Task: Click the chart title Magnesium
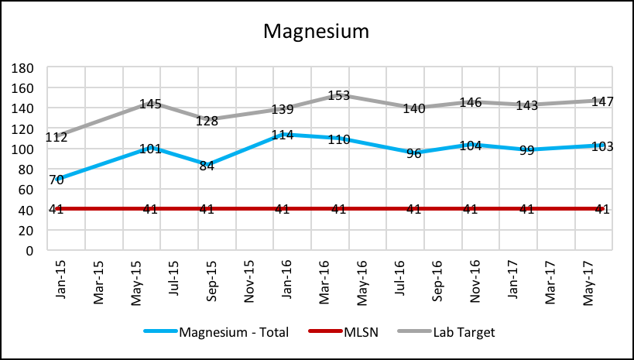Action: pos(316,32)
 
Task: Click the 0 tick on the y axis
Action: pos(31,251)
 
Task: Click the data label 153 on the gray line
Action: pos(338,95)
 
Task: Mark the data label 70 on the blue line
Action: pos(56,180)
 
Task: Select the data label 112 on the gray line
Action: pos(56,138)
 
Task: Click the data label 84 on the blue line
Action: pos(206,166)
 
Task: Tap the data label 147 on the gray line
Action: pos(601,101)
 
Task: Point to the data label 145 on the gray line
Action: pos(150,104)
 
